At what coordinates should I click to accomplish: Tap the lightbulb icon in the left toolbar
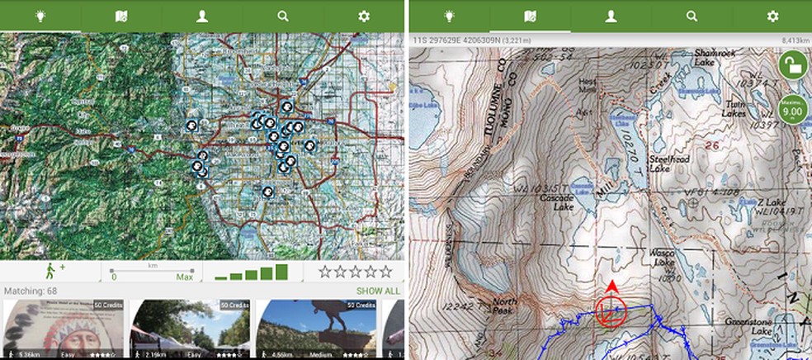pyautogui.click(x=40, y=16)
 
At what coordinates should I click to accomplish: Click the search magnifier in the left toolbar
pyautogui.click(x=283, y=16)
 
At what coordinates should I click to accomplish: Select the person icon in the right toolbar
pyautogui.click(x=611, y=16)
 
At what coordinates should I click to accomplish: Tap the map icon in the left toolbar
pyautogui.click(x=120, y=16)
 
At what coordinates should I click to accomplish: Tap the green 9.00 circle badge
pyautogui.click(x=792, y=108)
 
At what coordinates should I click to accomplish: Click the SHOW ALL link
pyautogui.click(x=378, y=291)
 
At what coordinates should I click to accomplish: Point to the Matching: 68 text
pyautogui.click(x=31, y=291)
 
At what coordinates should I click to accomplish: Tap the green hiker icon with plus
pyautogui.click(x=50, y=270)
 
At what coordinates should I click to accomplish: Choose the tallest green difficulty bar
pyautogui.click(x=281, y=271)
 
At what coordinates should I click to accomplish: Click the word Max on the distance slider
pyautogui.click(x=184, y=277)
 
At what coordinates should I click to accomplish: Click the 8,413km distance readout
pyautogui.click(x=793, y=39)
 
